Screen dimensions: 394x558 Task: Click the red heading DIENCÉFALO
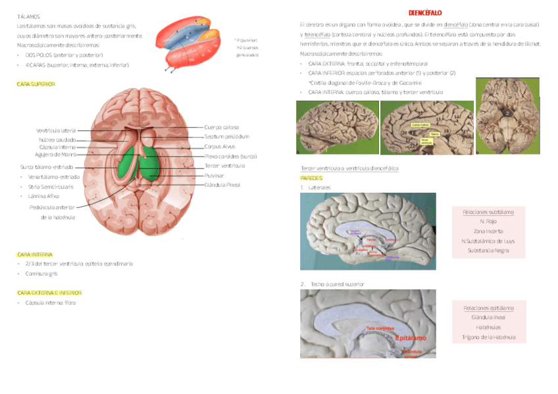point(424,12)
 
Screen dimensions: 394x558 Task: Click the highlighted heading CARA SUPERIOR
point(36,84)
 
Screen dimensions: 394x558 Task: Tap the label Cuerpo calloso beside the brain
point(221,127)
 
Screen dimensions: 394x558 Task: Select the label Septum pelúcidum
point(226,137)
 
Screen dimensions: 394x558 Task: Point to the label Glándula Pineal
point(222,185)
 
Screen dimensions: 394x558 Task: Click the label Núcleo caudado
point(57,139)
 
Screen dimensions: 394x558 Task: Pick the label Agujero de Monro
point(55,155)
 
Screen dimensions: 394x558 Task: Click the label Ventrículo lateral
point(56,131)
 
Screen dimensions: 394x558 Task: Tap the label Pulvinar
point(214,176)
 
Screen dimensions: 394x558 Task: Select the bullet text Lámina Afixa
point(44,196)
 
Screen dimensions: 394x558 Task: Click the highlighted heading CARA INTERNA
point(35,254)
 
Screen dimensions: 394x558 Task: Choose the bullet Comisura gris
point(41,272)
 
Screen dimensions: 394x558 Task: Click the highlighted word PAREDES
point(311,178)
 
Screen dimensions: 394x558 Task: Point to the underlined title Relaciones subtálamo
point(488,212)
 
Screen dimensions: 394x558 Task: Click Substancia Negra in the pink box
point(488,251)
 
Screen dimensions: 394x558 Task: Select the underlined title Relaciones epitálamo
point(488,308)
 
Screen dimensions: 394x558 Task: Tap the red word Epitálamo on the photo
point(410,338)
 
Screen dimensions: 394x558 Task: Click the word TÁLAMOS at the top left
point(28,15)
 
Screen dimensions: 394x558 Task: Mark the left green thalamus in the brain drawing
point(127,164)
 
